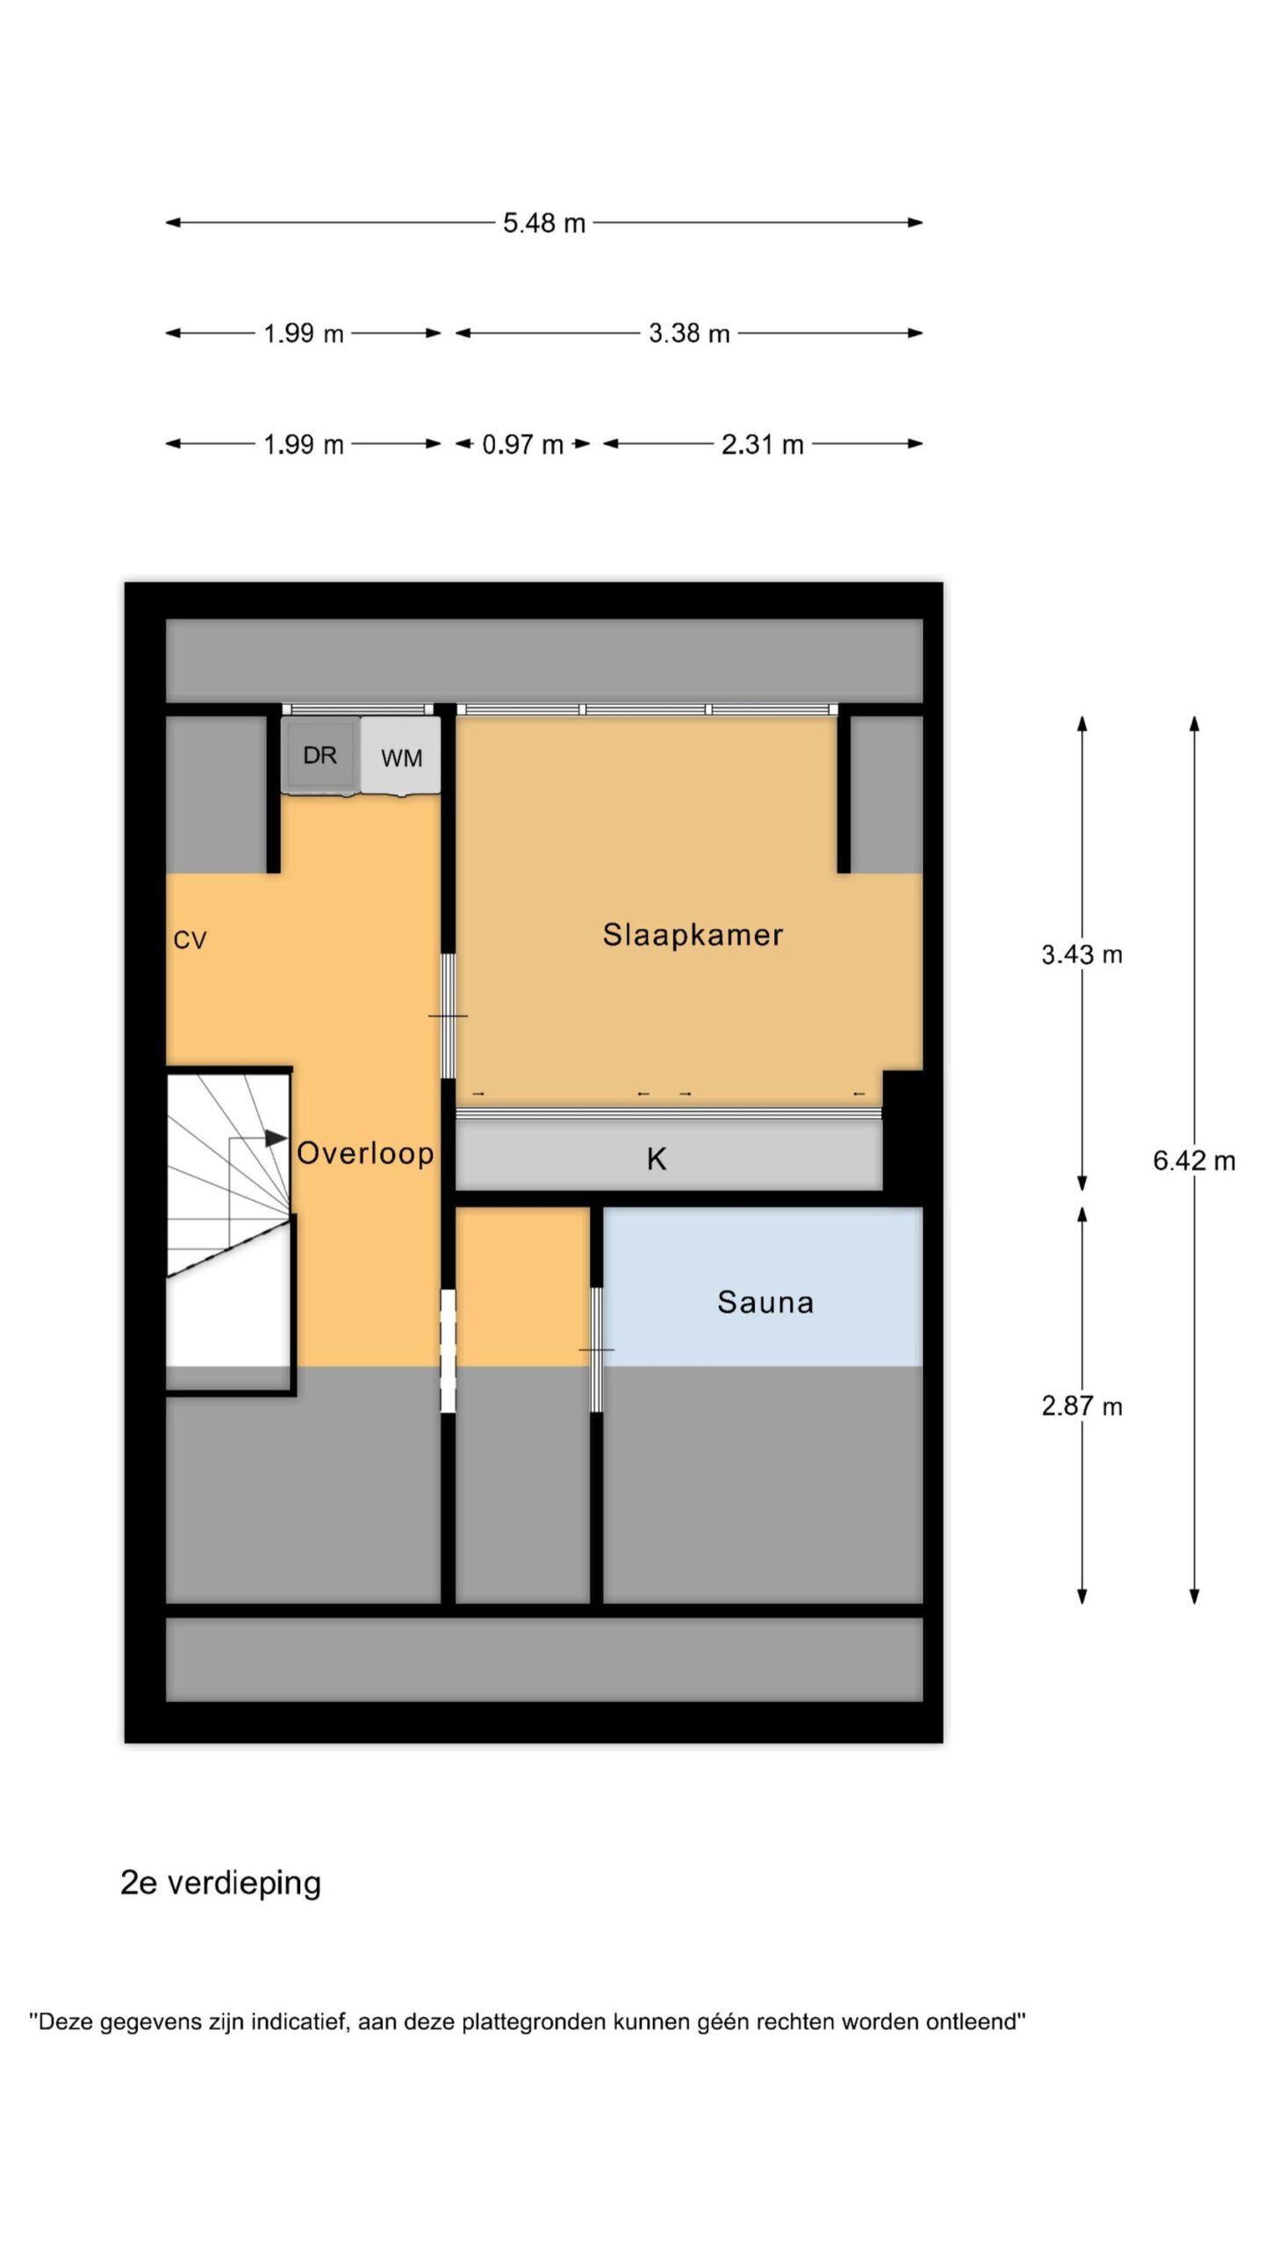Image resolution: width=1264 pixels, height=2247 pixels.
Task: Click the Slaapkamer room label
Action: pyautogui.click(x=693, y=935)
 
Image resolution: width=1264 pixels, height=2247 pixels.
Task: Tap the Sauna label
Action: pyautogui.click(x=765, y=1302)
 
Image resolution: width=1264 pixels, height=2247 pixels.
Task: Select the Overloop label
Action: pyautogui.click(x=365, y=1153)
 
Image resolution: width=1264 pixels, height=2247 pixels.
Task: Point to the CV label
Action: pyautogui.click(x=190, y=941)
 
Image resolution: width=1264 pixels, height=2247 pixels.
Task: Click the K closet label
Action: pyautogui.click(x=657, y=1159)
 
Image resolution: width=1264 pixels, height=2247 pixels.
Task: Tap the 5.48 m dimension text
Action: pyautogui.click(x=544, y=223)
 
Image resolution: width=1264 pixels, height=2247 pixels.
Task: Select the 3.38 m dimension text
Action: pyautogui.click(x=689, y=334)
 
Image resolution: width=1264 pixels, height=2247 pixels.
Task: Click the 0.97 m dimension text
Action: pyautogui.click(x=523, y=444)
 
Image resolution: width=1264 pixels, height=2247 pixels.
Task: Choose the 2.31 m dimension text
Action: pyautogui.click(x=763, y=444)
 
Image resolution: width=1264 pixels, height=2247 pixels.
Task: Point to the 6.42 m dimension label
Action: pyautogui.click(x=1194, y=1161)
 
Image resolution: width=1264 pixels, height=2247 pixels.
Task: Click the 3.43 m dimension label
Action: pyautogui.click(x=1082, y=955)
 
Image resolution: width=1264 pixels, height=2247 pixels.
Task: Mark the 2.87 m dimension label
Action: pyautogui.click(x=1082, y=1407)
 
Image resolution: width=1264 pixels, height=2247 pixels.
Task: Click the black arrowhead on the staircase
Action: pyautogui.click(x=276, y=1138)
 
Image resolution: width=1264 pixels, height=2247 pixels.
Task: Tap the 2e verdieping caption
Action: pyautogui.click(x=220, y=1884)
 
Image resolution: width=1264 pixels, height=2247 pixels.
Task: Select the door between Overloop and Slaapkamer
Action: pyautogui.click(x=448, y=1016)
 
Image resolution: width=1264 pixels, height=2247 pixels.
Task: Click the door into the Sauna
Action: pyautogui.click(x=596, y=1350)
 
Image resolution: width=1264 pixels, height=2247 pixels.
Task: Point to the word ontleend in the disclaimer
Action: pyautogui.click(x=976, y=2022)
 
